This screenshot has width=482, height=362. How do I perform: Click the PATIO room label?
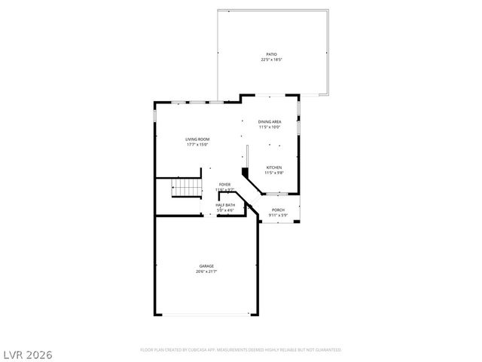(271, 54)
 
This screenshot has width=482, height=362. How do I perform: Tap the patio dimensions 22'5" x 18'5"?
(271, 60)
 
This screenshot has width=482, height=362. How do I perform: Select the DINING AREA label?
(270, 121)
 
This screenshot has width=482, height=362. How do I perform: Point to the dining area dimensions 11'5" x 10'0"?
(270, 127)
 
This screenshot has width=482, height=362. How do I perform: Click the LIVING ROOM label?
(197, 139)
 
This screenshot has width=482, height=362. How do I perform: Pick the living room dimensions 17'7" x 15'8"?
(197, 144)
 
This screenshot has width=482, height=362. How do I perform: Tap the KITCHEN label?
(273, 167)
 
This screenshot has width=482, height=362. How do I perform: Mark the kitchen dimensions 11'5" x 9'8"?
(273, 173)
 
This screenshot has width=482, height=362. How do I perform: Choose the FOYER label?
(224, 184)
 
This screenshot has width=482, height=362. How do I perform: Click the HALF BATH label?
(225, 205)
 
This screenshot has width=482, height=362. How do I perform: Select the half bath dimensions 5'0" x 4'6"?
(225, 210)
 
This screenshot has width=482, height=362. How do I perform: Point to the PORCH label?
(278, 210)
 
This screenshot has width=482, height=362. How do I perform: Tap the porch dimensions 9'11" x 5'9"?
(278, 216)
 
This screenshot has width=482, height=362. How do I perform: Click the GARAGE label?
(206, 265)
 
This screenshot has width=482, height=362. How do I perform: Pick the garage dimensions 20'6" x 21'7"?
(206, 271)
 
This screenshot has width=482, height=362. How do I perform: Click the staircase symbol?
(187, 188)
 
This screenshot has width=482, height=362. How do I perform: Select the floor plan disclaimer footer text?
(240, 350)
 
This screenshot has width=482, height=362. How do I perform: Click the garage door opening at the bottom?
(205, 314)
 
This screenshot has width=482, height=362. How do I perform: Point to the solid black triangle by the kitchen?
(245, 173)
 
